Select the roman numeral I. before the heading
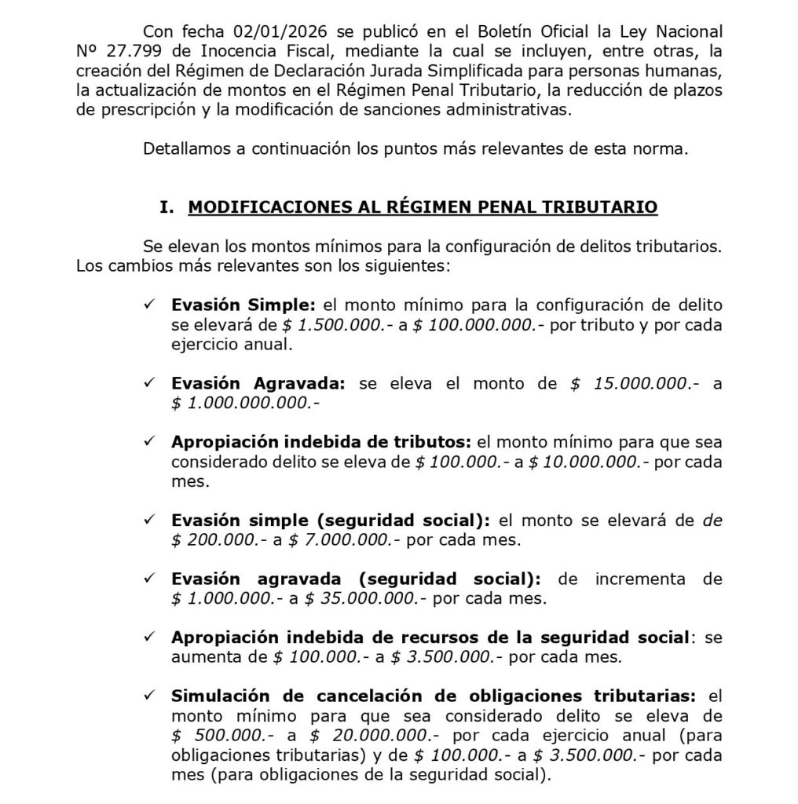click(166, 208)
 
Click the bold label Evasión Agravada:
click(258, 384)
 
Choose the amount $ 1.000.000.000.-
click(245, 404)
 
